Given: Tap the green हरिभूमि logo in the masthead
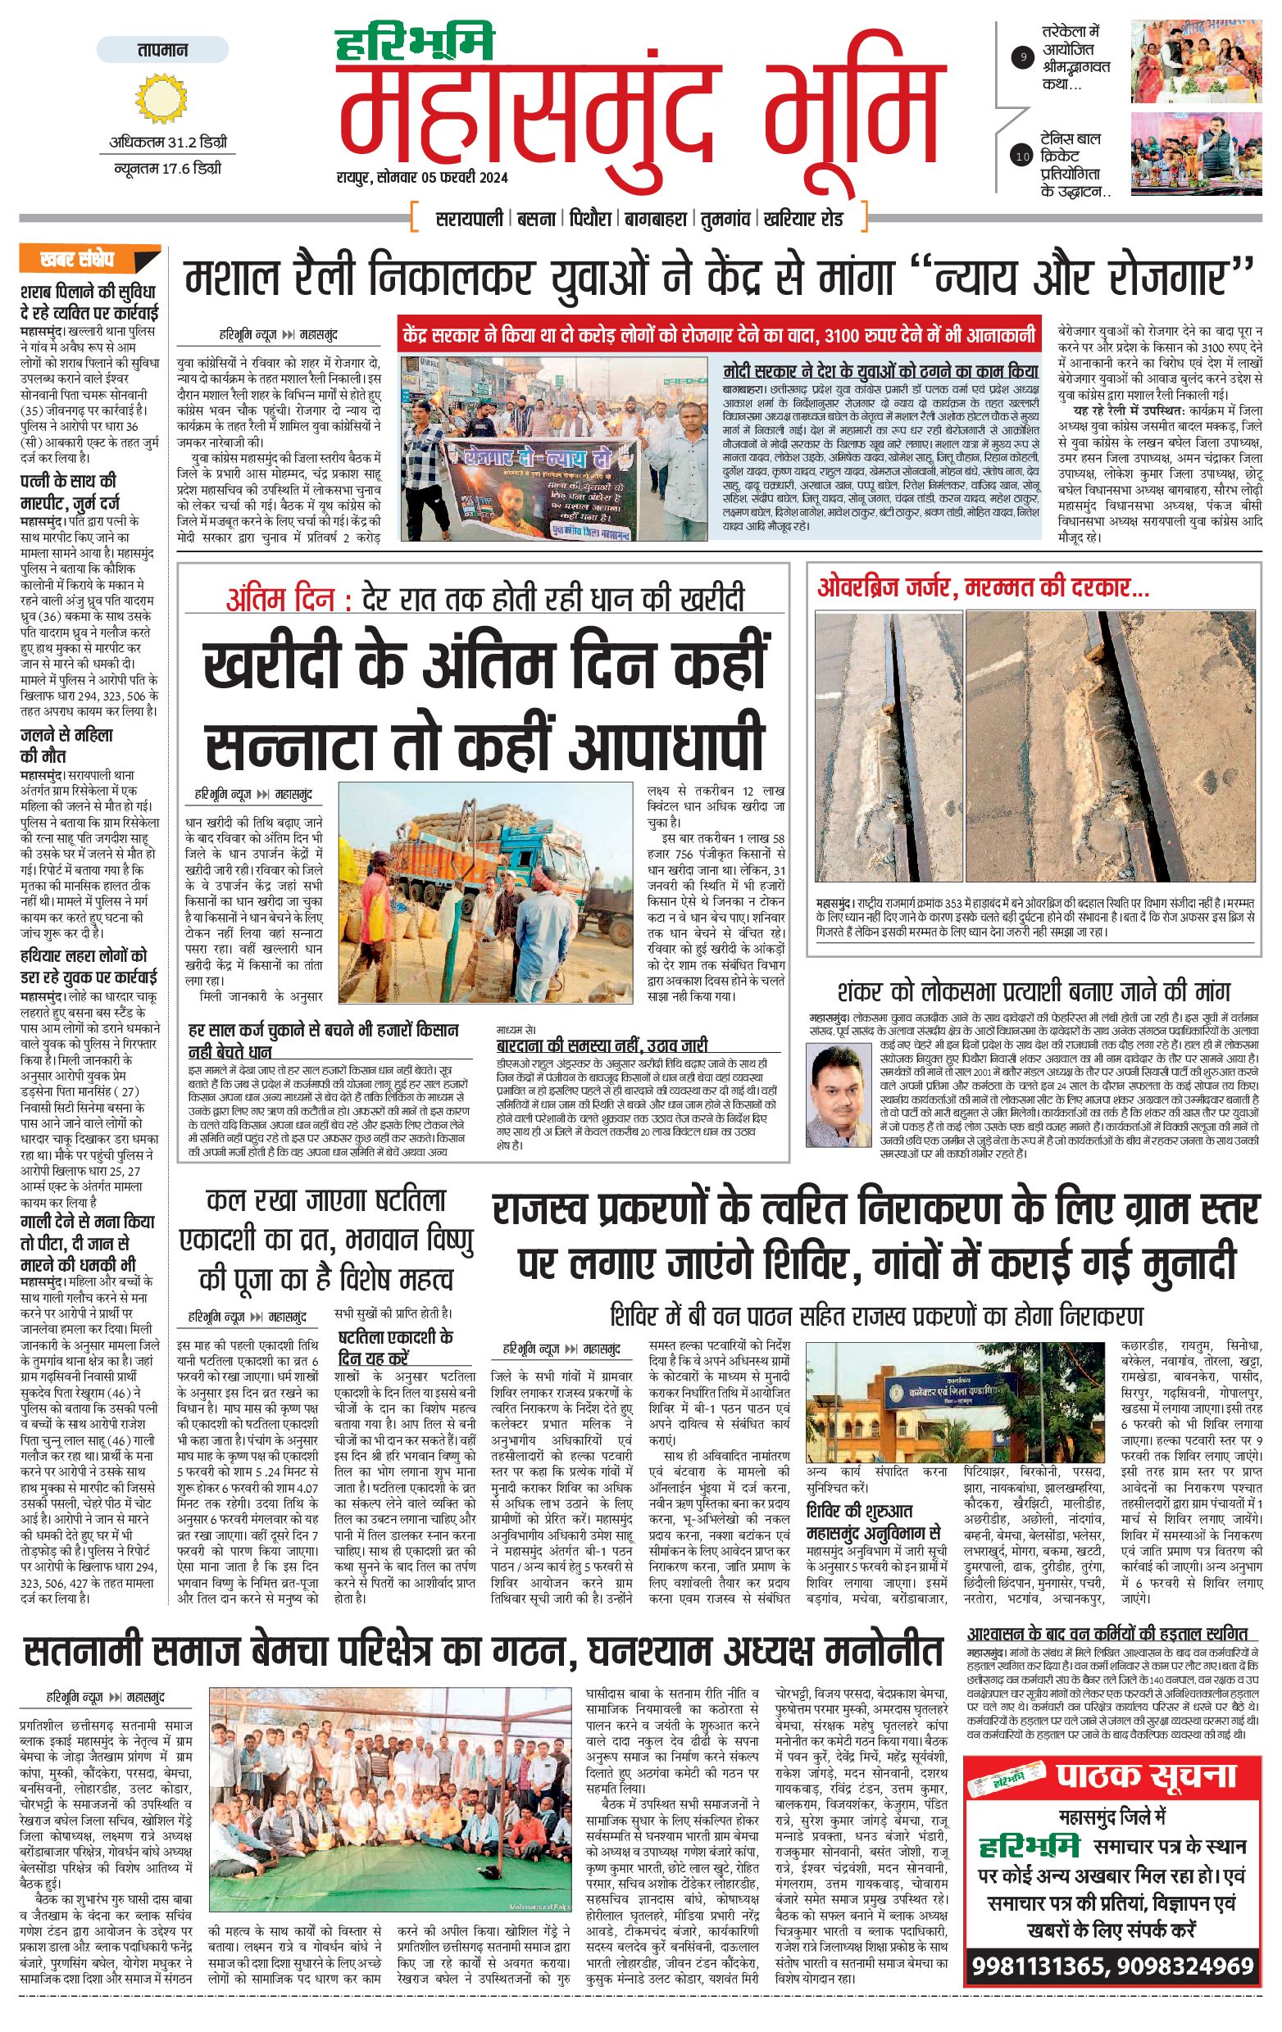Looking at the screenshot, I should (x=416, y=44).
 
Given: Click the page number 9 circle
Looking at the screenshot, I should (x=1024, y=58).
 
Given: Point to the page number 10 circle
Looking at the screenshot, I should (x=1024, y=156).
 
